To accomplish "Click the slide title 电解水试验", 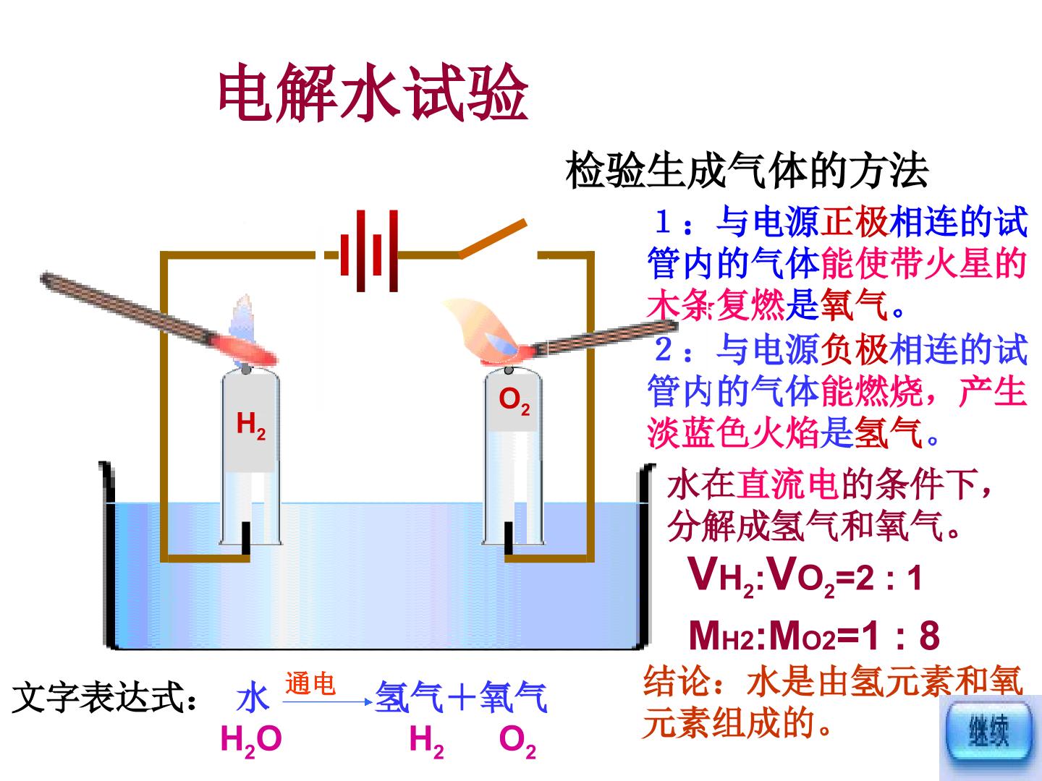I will coord(373,93).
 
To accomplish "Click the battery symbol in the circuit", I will coord(369,252).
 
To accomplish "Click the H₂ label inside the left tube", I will coord(250,424).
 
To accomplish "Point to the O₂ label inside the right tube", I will coord(514,401).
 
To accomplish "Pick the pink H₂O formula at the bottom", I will coord(250,741).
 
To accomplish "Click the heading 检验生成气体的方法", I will coord(746,171).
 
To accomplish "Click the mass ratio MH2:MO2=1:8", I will coord(813,636).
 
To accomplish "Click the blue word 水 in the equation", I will coord(253,699).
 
